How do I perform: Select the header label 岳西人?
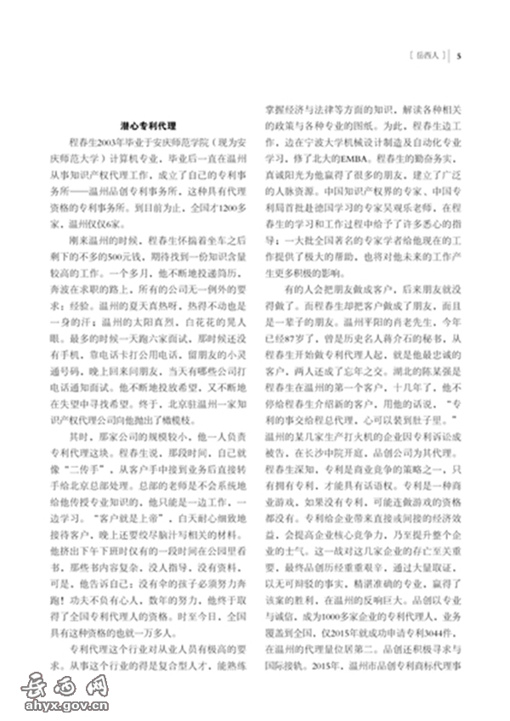pyautogui.click(x=427, y=58)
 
